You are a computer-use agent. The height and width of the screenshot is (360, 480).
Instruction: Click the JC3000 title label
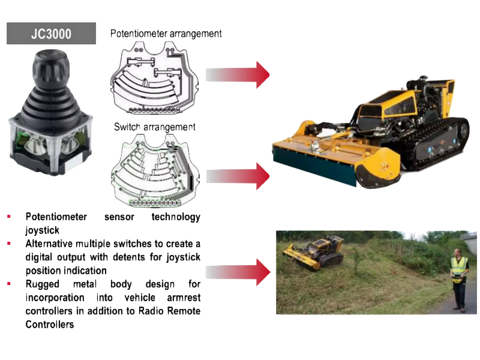[51, 34]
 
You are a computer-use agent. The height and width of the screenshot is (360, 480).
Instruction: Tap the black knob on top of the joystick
[51, 70]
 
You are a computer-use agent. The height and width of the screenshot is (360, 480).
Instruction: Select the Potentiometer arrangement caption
[166, 34]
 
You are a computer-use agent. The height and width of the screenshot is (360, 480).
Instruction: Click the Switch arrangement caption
[155, 127]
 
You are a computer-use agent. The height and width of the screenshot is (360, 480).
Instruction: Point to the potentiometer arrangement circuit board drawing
[155, 78]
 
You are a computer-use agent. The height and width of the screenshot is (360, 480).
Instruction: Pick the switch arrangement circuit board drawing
[155, 170]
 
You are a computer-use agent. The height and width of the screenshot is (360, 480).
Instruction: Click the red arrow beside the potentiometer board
[238, 75]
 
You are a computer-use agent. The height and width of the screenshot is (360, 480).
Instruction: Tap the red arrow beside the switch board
[238, 176]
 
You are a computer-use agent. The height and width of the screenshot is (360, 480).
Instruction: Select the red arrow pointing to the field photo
[238, 272]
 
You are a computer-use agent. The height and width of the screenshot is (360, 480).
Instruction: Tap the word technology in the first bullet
[176, 217]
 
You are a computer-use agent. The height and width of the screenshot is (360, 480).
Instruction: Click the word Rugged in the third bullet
[43, 284]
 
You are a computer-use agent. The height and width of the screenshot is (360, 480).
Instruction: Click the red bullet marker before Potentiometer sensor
[9, 217]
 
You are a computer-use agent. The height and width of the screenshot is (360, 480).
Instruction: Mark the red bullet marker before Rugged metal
[9, 284]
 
